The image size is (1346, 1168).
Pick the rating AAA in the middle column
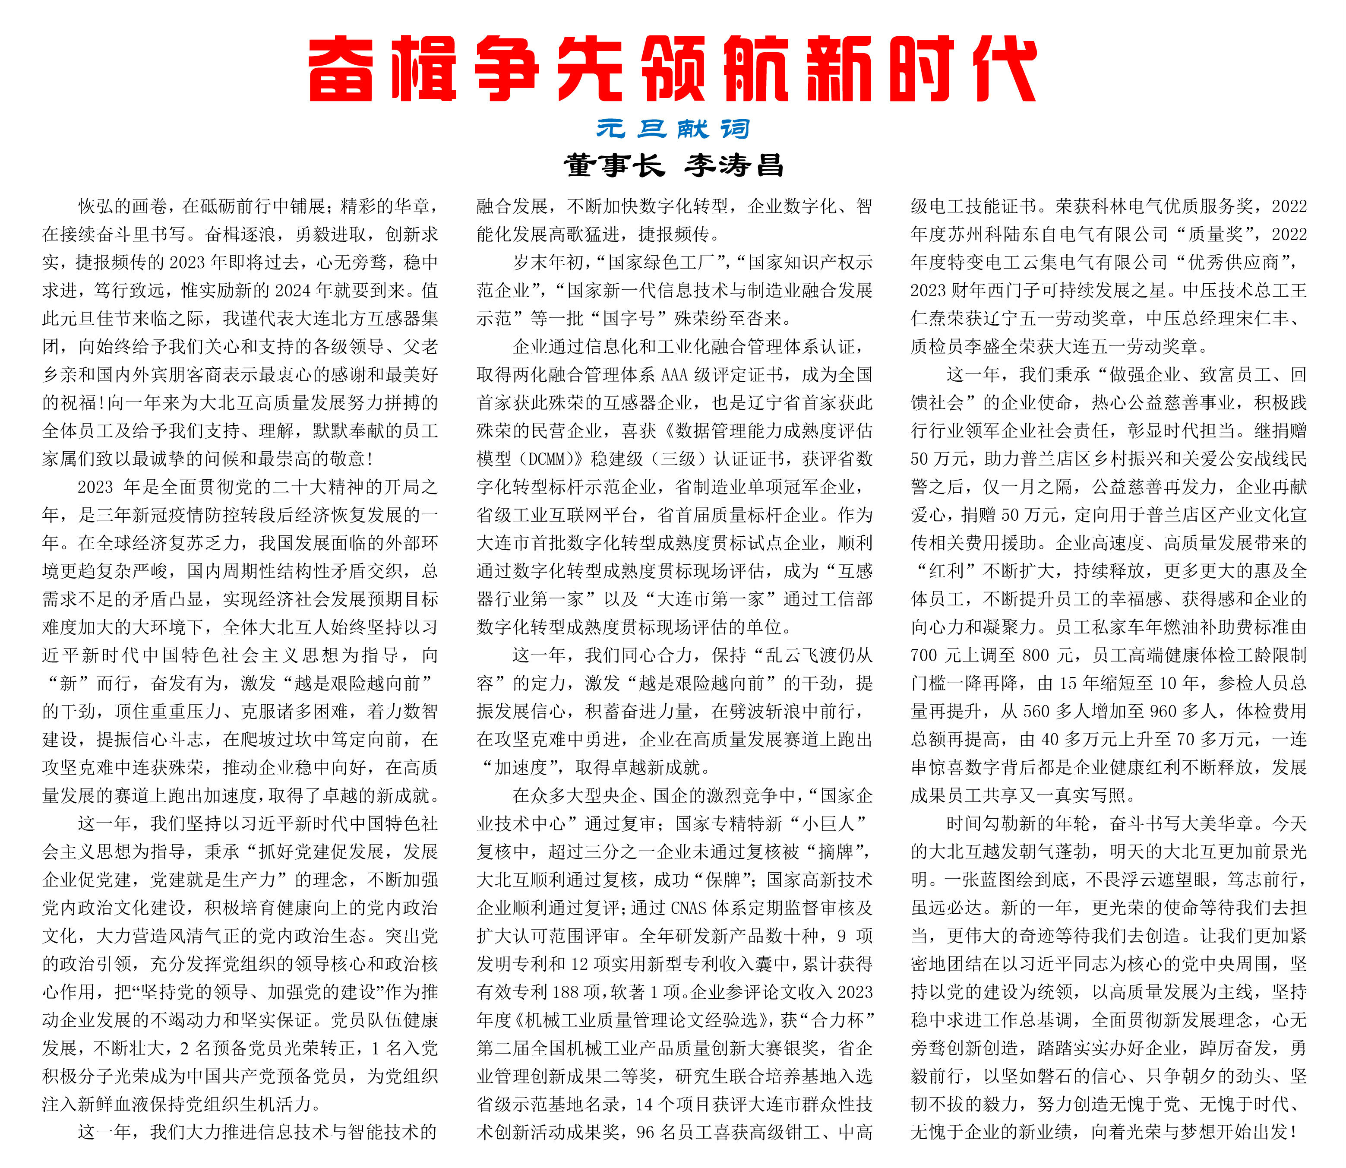[x=674, y=375]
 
